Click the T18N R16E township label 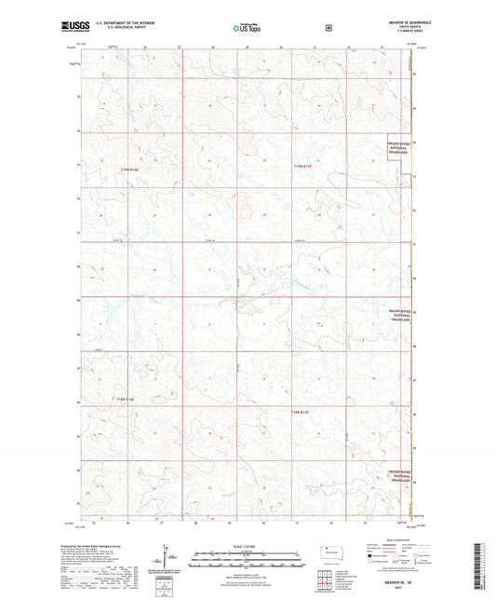click(x=125, y=400)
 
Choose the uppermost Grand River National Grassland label click(x=398, y=148)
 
